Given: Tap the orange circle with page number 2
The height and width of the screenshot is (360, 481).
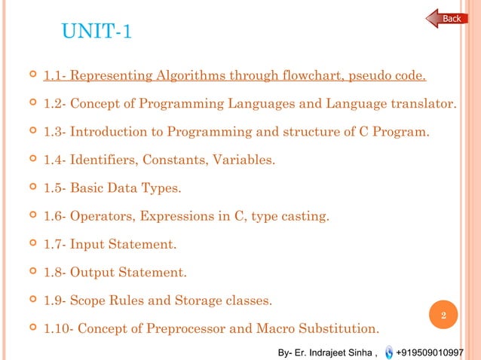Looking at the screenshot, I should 444,316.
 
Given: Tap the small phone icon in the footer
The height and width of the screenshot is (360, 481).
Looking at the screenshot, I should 388,352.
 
